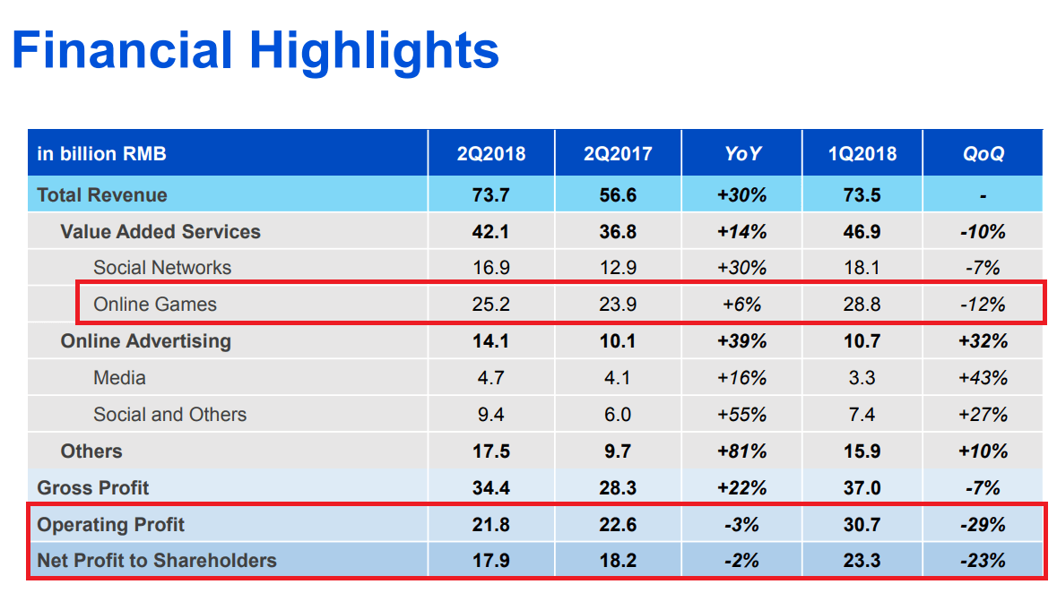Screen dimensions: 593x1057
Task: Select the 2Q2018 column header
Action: [490, 153]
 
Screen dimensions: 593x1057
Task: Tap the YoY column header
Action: [742, 153]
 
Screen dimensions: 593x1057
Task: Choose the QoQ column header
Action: [983, 153]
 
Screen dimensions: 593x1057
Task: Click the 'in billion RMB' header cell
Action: [102, 153]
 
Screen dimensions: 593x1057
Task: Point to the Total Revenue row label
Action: [102, 194]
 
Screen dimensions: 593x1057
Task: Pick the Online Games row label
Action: [155, 304]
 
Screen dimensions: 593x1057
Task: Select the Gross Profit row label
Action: [93, 487]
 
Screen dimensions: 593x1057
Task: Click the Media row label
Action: [119, 377]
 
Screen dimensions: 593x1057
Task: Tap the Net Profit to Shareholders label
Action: [157, 561]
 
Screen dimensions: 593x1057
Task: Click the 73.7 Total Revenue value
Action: [490, 194]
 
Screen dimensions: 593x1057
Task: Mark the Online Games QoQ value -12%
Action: [983, 304]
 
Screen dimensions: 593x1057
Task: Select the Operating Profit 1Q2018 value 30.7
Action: [862, 524]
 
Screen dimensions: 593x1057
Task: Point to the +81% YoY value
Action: [742, 451]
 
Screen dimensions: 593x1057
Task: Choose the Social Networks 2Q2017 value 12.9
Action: [618, 267]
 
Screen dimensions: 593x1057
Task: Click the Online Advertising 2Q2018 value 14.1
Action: [490, 340]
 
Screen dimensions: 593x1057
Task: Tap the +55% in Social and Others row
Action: [742, 414]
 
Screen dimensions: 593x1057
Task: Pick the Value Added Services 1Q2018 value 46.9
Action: [862, 231]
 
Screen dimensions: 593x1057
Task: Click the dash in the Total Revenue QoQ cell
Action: [983, 195]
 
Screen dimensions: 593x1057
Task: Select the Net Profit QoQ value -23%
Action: [983, 561]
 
